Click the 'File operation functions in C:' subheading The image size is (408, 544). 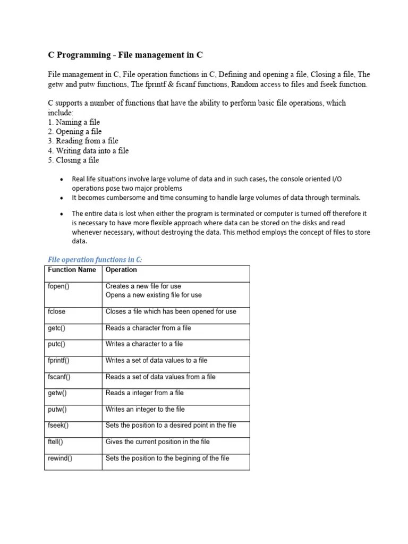(95, 260)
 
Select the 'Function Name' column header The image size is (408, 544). (72, 270)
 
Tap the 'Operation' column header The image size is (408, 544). (121, 270)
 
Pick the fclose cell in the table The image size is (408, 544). (57, 312)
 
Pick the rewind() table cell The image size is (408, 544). (60, 458)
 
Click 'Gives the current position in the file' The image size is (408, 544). (158, 442)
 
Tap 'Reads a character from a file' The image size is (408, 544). (148, 328)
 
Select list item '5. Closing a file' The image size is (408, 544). (73, 160)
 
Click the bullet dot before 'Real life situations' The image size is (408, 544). (62, 180)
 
